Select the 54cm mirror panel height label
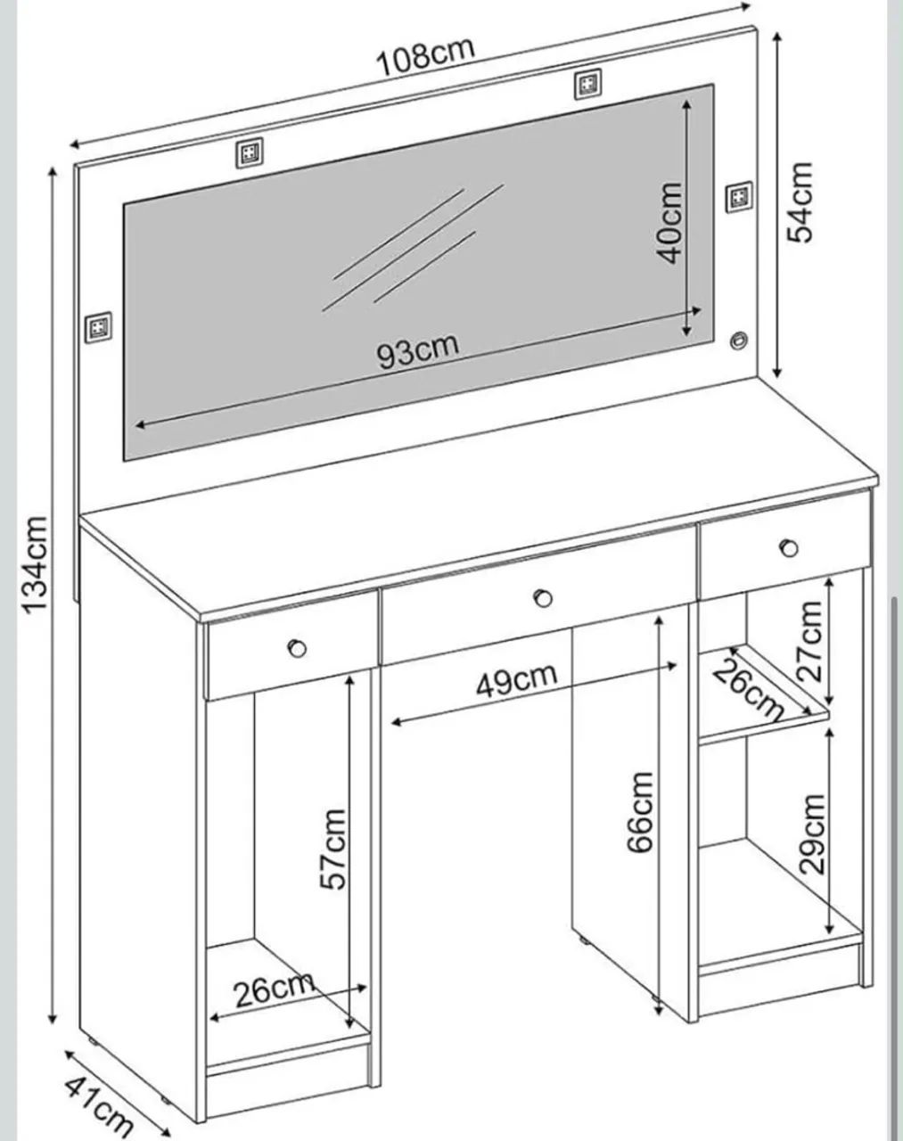(x=800, y=202)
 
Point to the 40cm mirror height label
(x=669, y=223)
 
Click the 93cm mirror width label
(x=418, y=350)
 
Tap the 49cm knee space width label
(x=516, y=679)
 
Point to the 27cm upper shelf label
(x=810, y=641)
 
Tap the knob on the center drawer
(x=543, y=598)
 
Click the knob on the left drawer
(x=297, y=648)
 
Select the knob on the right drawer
(x=790, y=547)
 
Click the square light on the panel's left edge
(x=99, y=328)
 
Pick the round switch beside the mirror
(x=738, y=340)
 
